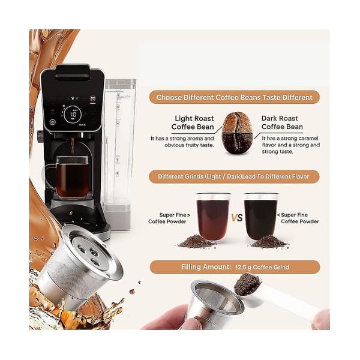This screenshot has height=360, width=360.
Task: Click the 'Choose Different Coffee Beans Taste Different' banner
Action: point(234,97)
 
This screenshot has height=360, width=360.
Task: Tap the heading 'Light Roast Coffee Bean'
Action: point(193,122)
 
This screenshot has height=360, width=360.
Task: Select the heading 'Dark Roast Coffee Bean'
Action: point(282,122)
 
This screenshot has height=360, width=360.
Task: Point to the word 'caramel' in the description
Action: point(308,138)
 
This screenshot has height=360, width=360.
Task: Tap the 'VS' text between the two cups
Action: point(237,218)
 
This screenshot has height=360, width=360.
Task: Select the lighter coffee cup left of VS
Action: point(213,217)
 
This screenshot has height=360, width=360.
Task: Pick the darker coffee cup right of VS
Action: point(260,217)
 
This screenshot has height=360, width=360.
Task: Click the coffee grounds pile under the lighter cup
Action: point(197,241)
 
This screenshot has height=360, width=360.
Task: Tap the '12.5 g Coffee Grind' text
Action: point(262,267)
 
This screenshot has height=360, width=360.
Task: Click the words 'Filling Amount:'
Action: point(206,267)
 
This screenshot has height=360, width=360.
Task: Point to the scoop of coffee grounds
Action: point(247,284)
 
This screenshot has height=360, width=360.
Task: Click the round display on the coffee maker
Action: point(73,114)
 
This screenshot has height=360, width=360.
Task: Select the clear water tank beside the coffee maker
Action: point(119,154)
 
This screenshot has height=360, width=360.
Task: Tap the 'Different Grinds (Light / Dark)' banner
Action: point(234,176)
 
